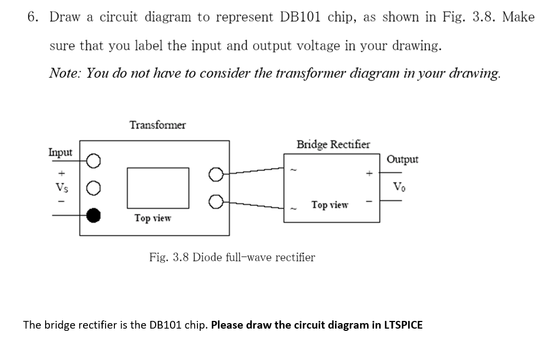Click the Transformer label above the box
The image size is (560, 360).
click(157, 125)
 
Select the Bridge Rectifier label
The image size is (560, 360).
click(333, 145)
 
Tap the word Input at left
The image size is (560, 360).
click(60, 152)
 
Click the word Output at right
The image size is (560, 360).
click(402, 160)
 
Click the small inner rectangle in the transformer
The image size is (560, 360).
click(158, 186)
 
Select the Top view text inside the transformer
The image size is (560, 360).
click(152, 218)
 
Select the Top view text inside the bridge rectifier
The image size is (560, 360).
click(330, 205)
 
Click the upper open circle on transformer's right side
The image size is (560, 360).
click(216, 175)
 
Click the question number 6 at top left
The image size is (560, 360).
click(32, 17)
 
